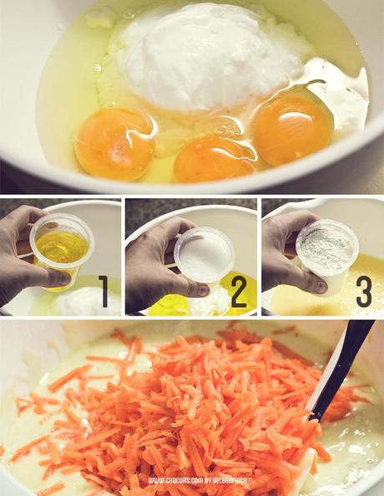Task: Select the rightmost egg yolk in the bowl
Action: [292, 127]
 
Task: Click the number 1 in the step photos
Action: [104, 291]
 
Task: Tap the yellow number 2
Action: [239, 291]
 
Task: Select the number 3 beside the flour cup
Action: [364, 291]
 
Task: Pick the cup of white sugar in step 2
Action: [204, 255]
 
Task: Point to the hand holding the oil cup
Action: [25, 251]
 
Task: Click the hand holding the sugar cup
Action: [154, 259]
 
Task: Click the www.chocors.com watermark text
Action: [180, 481]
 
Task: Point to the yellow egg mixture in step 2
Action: [171, 304]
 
